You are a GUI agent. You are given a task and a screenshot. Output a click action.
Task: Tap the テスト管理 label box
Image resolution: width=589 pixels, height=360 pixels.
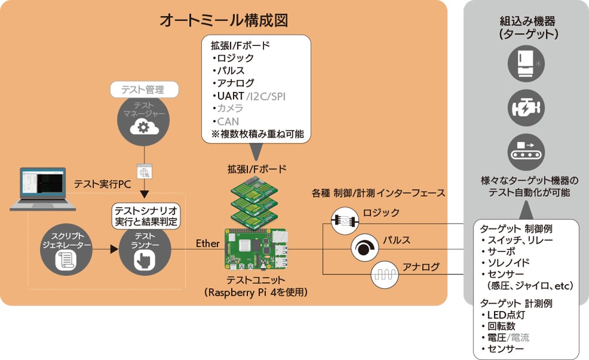tap(144, 90)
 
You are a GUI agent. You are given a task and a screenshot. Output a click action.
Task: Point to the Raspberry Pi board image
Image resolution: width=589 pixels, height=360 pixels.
tap(255, 250)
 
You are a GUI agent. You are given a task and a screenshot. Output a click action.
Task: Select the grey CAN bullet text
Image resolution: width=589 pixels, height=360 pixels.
tap(228, 121)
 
